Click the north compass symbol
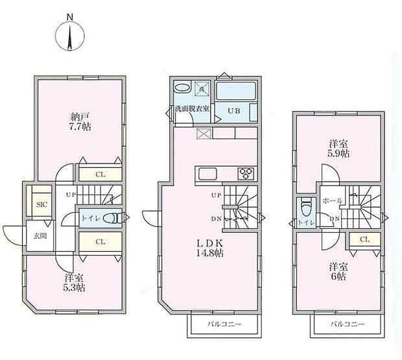(70, 35)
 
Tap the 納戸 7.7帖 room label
(80, 122)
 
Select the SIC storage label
(41, 204)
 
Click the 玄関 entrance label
(40, 235)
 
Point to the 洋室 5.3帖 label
(74, 283)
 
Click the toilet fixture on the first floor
(113, 218)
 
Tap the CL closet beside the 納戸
(100, 174)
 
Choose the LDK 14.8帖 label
(209, 248)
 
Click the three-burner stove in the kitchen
(246, 174)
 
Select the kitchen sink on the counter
(207, 174)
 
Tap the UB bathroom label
(234, 111)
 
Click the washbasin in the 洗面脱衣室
(182, 87)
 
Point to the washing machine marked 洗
(202, 89)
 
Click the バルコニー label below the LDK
(224, 324)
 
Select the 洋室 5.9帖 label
(338, 148)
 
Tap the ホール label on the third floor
(332, 200)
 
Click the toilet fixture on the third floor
(306, 206)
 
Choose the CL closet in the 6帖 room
(364, 239)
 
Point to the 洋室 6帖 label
(338, 272)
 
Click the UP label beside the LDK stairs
(216, 195)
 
